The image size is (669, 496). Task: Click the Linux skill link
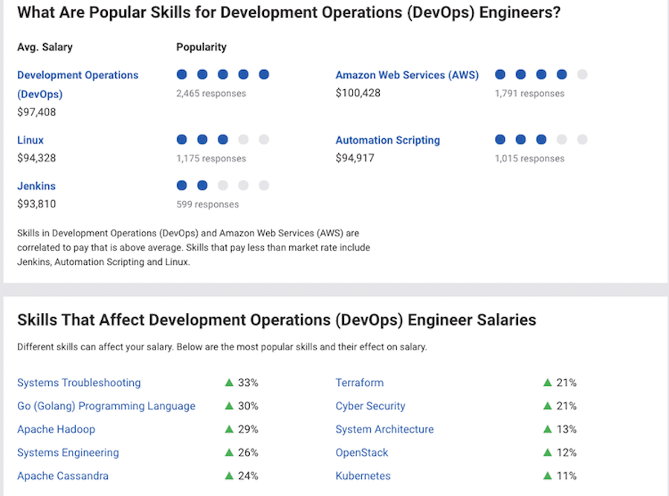[30, 140]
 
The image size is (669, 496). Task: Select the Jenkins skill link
[36, 186]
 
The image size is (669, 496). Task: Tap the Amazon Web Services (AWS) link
[407, 75]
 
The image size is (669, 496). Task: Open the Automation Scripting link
[387, 140]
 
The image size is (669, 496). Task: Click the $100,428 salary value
[358, 93]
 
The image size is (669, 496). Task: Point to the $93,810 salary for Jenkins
[36, 204]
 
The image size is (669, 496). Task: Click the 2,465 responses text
[211, 94]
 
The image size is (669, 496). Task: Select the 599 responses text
[207, 204]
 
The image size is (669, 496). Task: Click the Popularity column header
[201, 47]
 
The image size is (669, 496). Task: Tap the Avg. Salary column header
[45, 47]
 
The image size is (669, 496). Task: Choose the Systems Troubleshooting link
[79, 383]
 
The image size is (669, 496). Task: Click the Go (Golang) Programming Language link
[106, 406]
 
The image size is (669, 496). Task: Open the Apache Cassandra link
[62, 476]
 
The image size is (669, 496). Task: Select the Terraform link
[360, 383]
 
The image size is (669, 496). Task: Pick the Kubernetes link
[363, 476]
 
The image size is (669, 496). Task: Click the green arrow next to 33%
[229, 383]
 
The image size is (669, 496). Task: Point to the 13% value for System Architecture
[566, 429]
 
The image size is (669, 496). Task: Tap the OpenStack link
[362, 453]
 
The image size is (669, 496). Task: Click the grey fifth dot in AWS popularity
[582, 74]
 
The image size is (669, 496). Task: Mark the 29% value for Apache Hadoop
[248, 429]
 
